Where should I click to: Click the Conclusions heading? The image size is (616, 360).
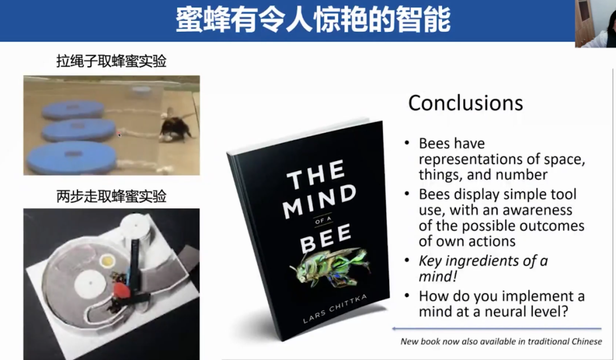(x=465, y=103)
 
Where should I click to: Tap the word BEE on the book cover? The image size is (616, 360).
(x=326, y=239)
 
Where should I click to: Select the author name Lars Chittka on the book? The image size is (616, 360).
(x=335, y=309)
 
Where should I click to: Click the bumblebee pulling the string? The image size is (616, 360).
(x=176, y=125)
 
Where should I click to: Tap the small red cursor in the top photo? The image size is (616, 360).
(x=119, y=135)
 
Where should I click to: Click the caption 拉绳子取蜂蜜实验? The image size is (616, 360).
(x=112, y=61)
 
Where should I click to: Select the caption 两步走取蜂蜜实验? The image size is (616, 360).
(x=112, y=196)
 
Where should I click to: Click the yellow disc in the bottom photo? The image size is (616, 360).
(x=107, y=260)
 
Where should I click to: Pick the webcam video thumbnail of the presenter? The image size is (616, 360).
(x=595, y=23)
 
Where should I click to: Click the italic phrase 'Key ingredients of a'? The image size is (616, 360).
(x=483, y=261)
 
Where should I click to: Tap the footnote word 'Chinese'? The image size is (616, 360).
(x=586, y=341)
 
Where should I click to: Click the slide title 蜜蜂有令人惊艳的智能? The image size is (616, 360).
(x=313, y=19)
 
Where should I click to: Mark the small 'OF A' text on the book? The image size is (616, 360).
(x=323, y=220)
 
